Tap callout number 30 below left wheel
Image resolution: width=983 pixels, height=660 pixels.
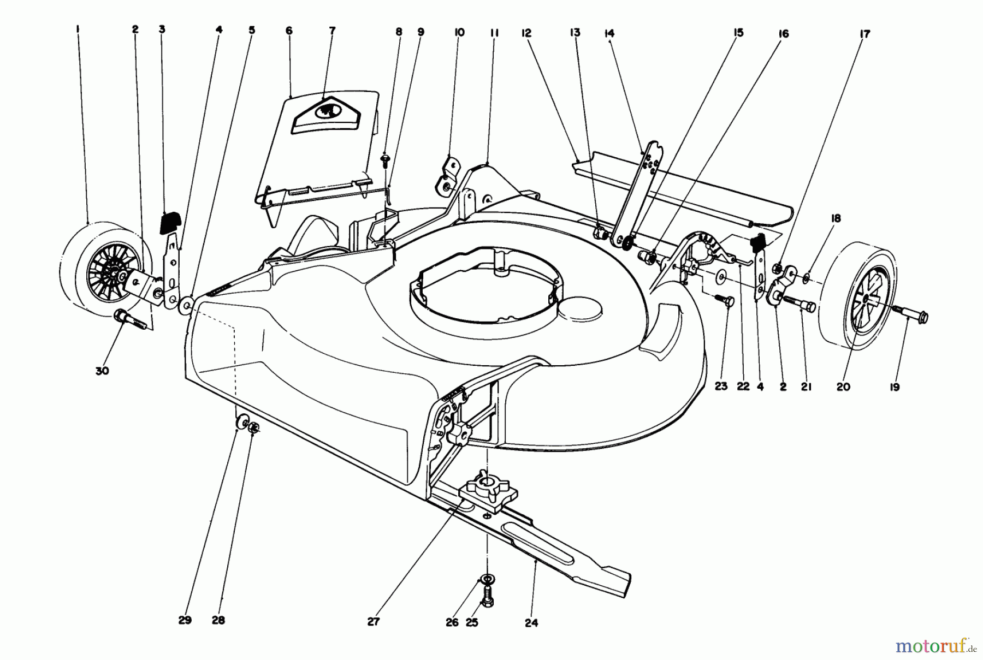pyautogui.click(x=102, y=371)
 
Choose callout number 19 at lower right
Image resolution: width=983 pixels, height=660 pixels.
pyautogui.click(x=895, y=387)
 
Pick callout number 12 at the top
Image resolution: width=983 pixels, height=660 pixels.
pyautogui.click(x=526, y=33)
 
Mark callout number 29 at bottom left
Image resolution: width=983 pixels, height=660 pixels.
pyautogui.click(x=185, y=621)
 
